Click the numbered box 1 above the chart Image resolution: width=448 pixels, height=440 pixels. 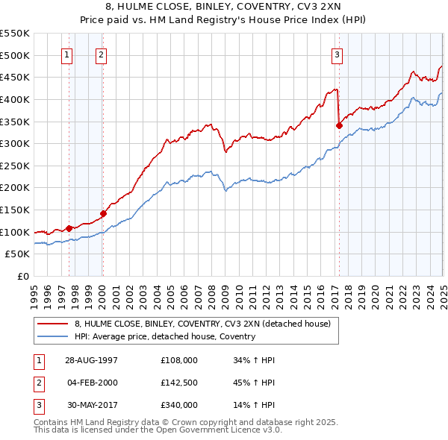(x=66, y=54)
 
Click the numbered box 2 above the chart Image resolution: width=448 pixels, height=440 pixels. (x=100, y=54)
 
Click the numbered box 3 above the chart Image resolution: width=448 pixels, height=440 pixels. (x=337, y=54)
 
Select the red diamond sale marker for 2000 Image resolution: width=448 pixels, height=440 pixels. (x=103, y=213)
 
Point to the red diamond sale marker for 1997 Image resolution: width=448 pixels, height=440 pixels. (x=69, y=228)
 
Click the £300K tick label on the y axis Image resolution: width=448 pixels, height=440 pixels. (x=15, y=143)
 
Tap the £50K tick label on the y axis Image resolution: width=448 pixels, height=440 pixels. (x=18, y=254)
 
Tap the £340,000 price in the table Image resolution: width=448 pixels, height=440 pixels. (x=179, y=405)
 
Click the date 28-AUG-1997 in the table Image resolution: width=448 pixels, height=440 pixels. (x=91, y=360)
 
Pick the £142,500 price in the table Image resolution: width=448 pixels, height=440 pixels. (x=179, y=383)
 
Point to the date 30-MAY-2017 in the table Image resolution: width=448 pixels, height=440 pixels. (x=91, y=405)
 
